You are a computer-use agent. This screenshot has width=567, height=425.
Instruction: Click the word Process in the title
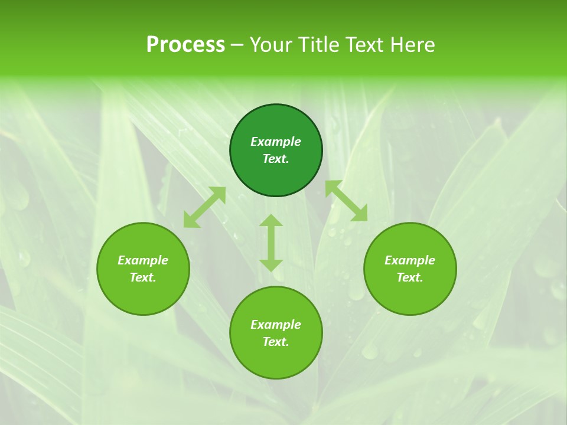[185, 45]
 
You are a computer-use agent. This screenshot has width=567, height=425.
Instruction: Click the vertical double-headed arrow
[271, 243]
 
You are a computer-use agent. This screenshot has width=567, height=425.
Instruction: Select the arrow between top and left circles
[204, 207]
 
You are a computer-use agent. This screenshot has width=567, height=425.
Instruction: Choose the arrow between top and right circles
[346, 201]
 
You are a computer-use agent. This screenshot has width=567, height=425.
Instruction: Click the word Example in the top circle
[276, 142]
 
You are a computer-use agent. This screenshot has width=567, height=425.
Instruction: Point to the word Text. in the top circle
[276, 159]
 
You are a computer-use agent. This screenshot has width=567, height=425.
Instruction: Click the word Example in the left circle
[143, 260]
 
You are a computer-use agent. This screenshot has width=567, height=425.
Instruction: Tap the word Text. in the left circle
[143, 277]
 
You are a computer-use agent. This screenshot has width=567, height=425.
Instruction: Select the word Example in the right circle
[410, 260]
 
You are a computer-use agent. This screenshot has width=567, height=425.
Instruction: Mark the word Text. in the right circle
[410, 277]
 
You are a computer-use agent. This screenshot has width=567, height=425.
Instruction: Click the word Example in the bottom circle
[276, 325]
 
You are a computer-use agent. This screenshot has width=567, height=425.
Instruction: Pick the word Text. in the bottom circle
[276, 342]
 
